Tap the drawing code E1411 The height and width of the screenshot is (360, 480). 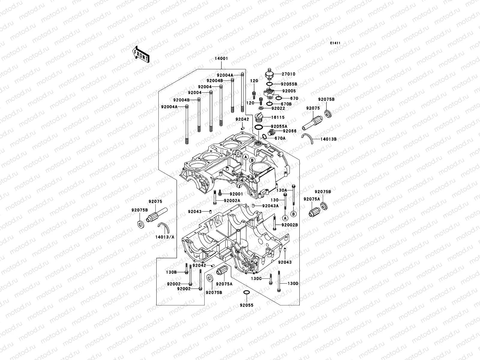click(335, 43)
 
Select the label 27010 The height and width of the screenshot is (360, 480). click(288, 74)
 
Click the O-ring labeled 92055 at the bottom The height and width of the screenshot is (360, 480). click(246, 293)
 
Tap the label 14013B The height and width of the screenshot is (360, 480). click(328, 139)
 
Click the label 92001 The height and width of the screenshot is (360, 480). click(236, 194)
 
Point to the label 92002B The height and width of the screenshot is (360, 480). click(289, 225)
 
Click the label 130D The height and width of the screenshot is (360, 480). click(293, 283)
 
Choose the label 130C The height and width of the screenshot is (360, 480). click(256, 279)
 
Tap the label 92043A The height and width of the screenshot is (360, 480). click(270, 206)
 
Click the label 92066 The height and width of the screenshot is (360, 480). click(289, 131)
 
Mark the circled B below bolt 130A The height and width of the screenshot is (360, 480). click(293, 214)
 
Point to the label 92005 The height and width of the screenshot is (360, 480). click(289, 91)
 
